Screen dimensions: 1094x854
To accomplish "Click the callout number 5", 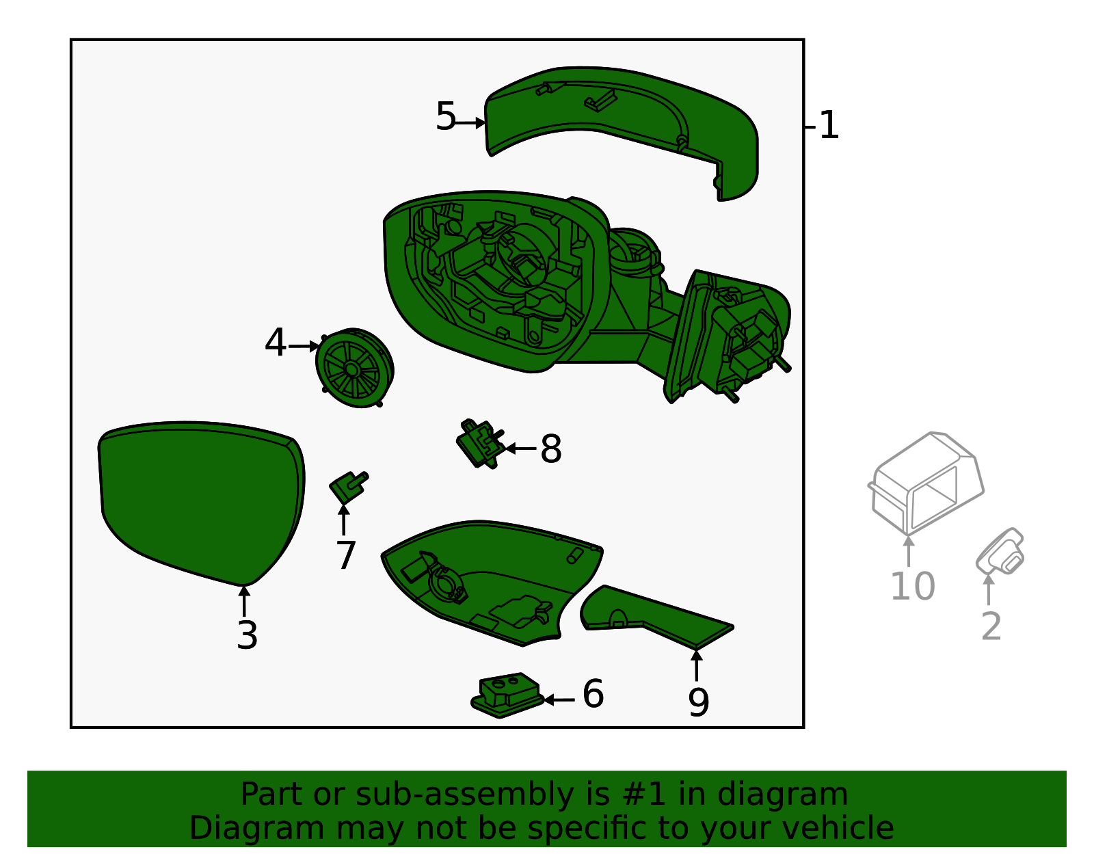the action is click(x=446, y=117).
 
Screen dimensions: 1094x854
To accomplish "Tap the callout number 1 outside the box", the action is click(x=829, y=125).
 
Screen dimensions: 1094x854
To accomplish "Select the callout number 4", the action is click(x=276, y=342).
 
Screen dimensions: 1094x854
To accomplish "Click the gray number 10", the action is click(x=913, y=586).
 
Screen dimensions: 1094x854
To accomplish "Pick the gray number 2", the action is click(x=991, y=626).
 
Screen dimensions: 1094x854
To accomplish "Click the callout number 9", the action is click(x=698, y=702).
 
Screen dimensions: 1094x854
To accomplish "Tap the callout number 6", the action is click(x=593, y=693).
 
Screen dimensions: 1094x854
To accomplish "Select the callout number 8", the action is click(x=551, y=449).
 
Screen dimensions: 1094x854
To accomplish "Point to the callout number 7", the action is click(x=345, y=555).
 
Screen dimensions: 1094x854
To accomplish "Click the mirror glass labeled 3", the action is click(x=202, y=503).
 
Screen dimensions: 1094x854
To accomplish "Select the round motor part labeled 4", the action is click(x=354, y=368).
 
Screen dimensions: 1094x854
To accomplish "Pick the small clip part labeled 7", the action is click(x=348, y=488).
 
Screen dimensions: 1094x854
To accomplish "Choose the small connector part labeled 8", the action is click(x=480, y=443).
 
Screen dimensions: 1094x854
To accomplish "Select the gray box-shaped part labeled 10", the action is click(x=925, y=483).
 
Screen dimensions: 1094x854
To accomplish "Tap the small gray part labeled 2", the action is click(x=1000, y=552).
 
